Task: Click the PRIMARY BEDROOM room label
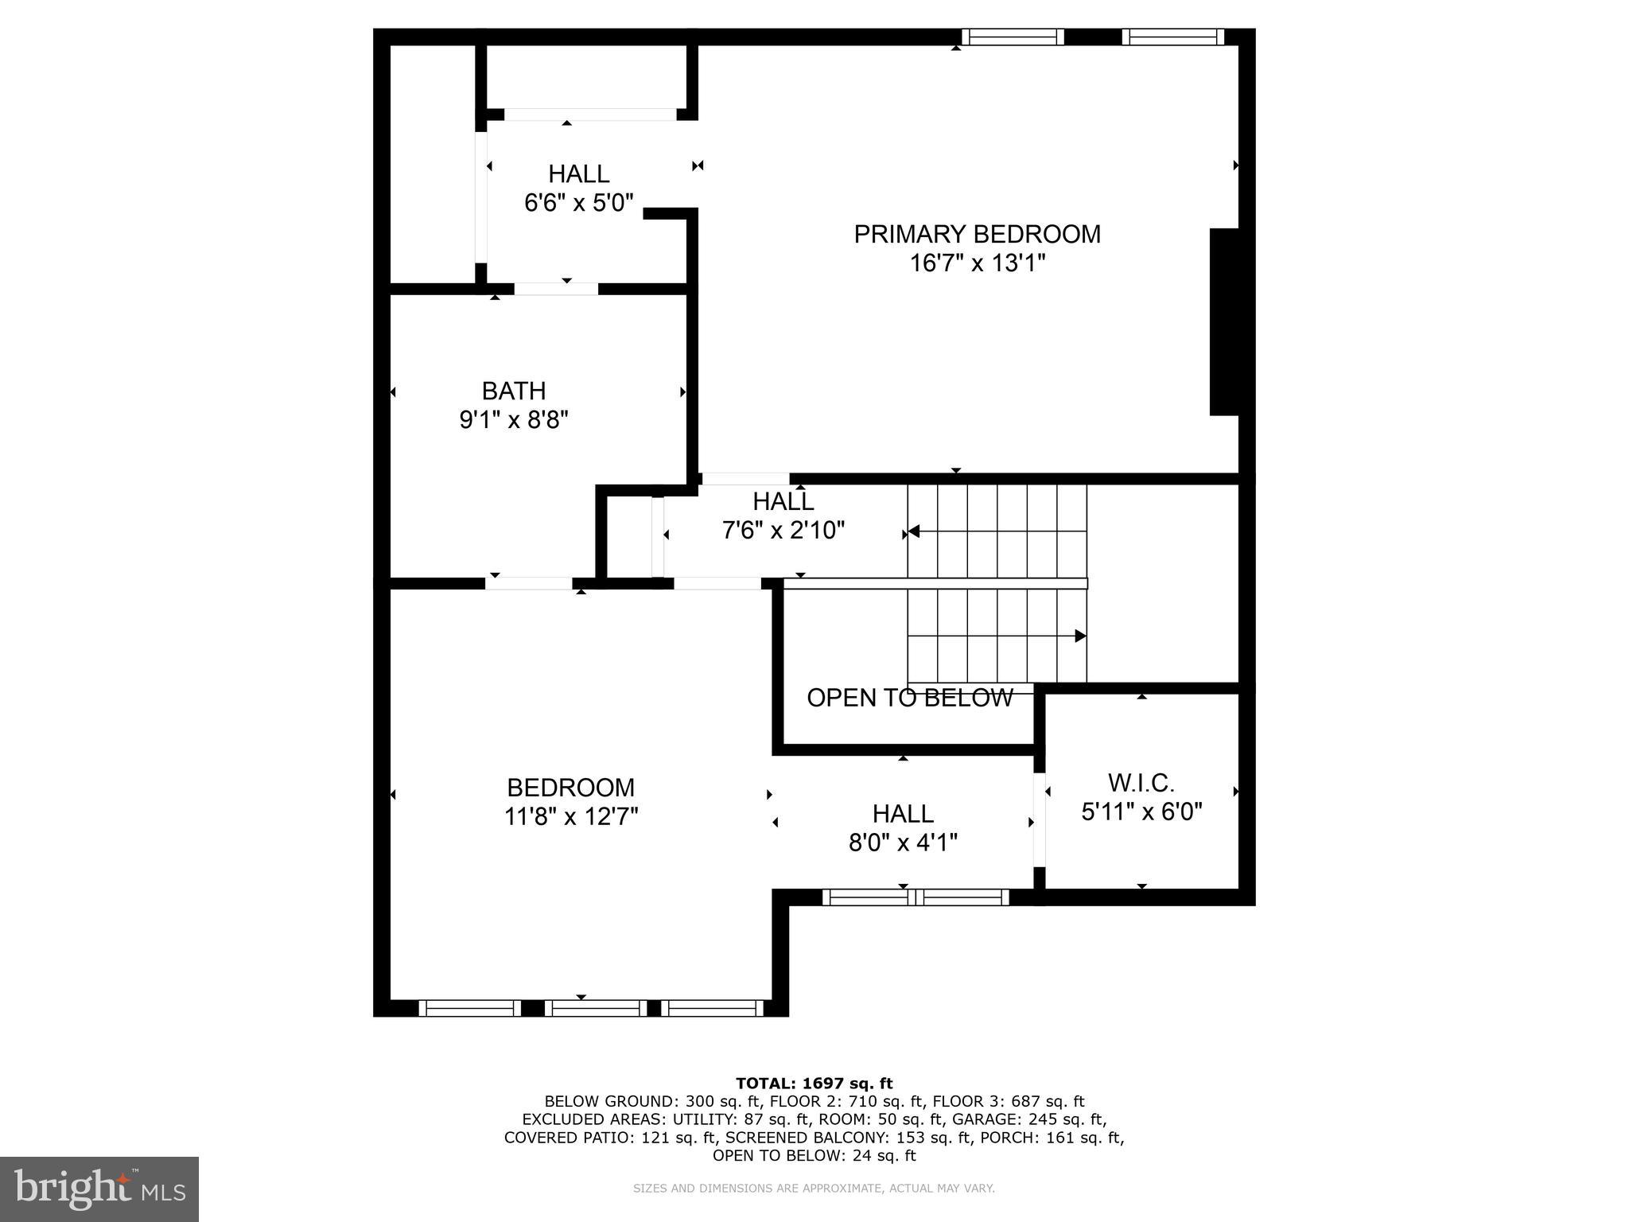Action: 977,235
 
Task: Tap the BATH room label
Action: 514,391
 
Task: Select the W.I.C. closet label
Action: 1141,784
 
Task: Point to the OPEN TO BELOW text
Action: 910,698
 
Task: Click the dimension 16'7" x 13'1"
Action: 977,263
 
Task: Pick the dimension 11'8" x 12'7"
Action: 571,817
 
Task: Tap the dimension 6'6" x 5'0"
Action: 578,203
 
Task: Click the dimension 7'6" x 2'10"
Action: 783,530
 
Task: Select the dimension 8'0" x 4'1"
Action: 903,843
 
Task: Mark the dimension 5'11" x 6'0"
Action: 1141,812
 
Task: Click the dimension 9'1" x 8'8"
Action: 514,420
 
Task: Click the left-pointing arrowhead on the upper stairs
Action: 914,531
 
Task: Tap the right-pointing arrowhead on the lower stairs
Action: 1080,636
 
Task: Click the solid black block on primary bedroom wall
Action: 1224,321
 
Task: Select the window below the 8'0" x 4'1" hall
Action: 916,897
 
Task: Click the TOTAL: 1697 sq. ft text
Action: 814,1084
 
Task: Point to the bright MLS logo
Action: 99,1189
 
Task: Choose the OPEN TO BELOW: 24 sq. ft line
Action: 814,1156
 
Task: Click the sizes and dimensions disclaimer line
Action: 814,1189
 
